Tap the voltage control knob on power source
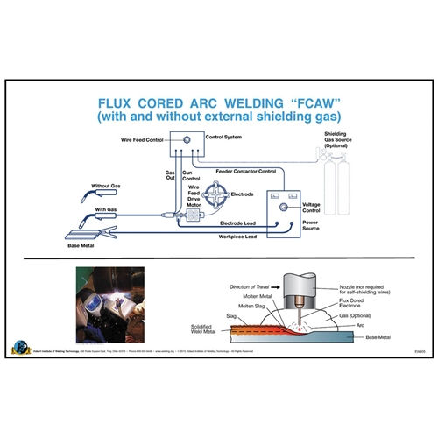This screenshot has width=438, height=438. pyautogui.click(x=283, y=208)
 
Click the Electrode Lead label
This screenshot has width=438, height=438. pyautogui.click(x=219, y=223)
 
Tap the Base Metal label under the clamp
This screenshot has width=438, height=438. pyautogui.click(x=85, y=248)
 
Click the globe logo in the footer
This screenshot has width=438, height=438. pyautogui.click(x=18, y=349)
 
